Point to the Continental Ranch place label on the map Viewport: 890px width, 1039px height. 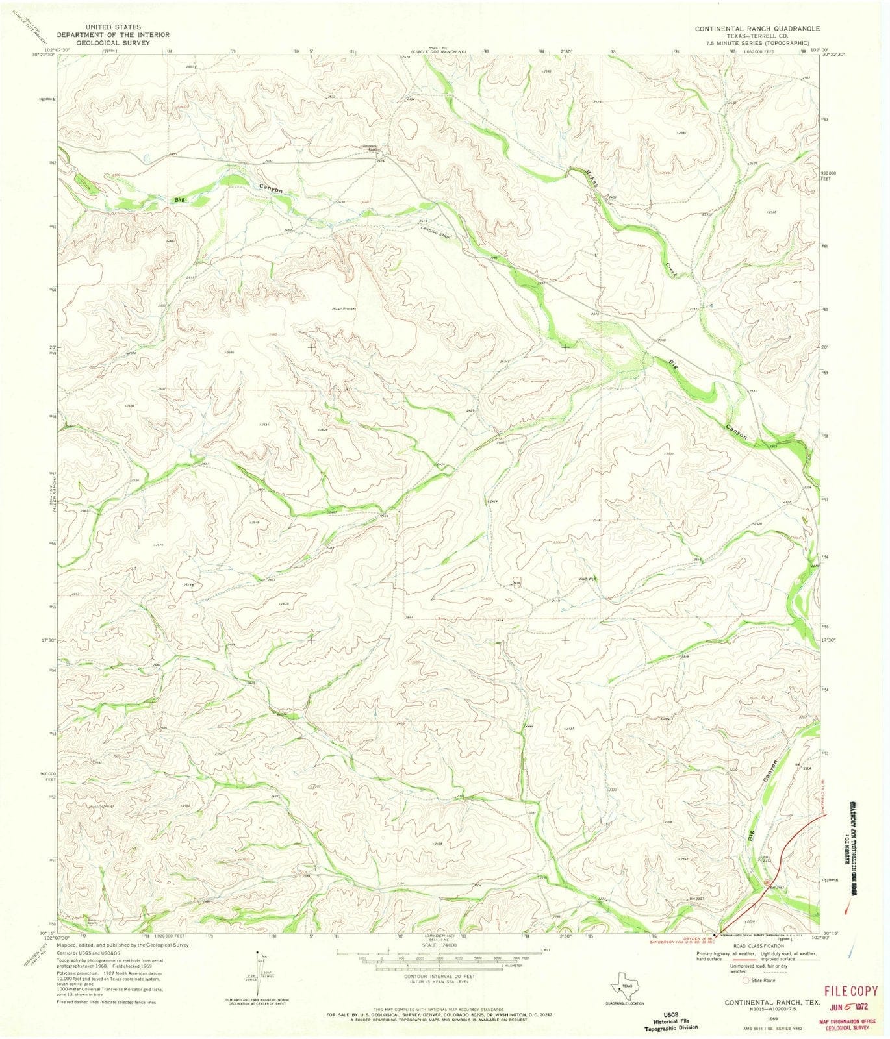[369, 147]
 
